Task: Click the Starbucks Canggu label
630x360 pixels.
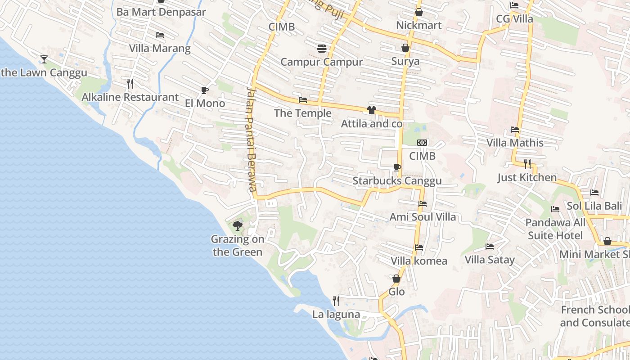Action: (397, 181)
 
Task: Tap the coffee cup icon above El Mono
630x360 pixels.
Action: (205, 90)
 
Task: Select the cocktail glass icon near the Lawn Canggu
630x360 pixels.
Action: (44, 59)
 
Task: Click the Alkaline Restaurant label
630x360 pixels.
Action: (130, 97)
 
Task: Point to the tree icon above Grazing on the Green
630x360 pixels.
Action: (238, 226)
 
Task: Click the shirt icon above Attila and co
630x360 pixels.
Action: (371, 110)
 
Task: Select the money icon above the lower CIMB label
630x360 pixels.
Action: (422, 143)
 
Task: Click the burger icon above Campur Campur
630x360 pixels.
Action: (321, 48)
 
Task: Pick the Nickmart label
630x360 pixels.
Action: (418, 25)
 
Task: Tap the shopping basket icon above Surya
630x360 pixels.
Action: (405, 48)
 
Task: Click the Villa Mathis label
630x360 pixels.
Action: (515, 143)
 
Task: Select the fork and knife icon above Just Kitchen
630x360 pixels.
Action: (527, 164)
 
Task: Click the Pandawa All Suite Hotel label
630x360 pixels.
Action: (555, 229)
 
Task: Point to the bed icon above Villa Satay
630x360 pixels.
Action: (490, 247)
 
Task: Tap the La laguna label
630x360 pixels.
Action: (336, 315)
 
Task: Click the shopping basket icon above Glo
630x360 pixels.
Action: (396, 279)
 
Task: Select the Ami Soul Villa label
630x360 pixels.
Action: (423, 217)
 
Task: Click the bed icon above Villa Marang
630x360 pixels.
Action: (160, 35)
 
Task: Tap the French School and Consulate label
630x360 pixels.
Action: (595, 316)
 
